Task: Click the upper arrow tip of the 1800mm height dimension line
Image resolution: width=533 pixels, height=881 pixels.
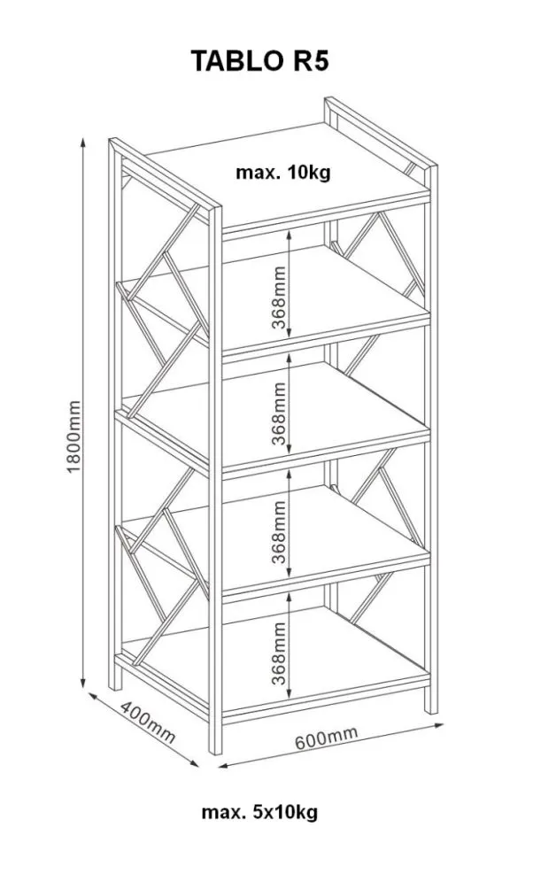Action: tap(83, 137)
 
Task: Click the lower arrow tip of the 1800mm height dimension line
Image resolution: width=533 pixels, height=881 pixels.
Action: tap(83, 688)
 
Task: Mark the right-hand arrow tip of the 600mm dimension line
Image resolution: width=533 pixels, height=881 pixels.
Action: tap(444, 725)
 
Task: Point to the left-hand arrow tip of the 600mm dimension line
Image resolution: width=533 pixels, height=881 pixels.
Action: tap(218, 766)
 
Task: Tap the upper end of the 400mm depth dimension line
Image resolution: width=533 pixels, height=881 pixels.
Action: tap(89, 693)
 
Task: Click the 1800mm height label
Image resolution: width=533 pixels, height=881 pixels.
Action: tap(74, 436)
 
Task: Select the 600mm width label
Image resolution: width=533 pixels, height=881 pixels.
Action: tap(327, 738)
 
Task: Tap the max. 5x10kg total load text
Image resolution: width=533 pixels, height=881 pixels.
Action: tap(259, 812)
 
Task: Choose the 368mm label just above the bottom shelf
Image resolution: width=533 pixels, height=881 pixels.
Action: tap(279, 653)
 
